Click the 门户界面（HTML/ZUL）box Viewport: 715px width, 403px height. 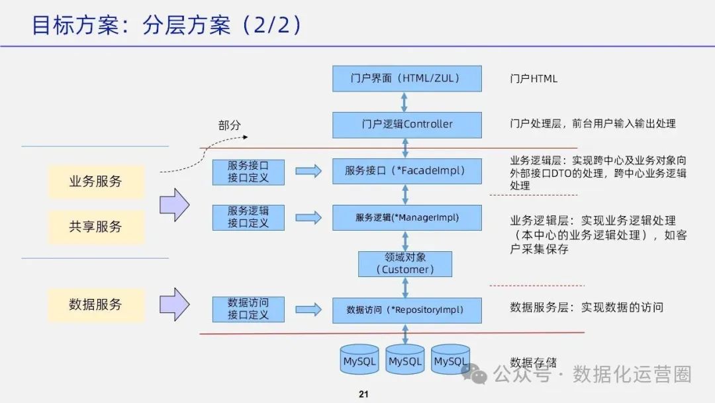tap(406, 78)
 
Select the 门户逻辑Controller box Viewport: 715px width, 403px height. tap(406, 124)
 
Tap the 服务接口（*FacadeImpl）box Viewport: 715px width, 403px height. tap(406, 171)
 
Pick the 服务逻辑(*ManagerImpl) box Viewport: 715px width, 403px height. tap(406, 217)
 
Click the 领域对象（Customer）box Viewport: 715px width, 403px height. tap(405, 264)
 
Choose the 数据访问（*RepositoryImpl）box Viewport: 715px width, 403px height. tap(406, 310)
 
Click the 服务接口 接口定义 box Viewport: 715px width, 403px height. tap(248, 172)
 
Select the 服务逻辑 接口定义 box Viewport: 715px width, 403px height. tap(248, 217)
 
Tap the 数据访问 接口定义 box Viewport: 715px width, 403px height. tap(248, 309)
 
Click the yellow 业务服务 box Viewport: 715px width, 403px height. tap(96, 181)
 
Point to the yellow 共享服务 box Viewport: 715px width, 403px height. tap(96, 226)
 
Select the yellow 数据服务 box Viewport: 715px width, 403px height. tap(96, 305)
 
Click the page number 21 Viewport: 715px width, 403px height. tap(363, 394)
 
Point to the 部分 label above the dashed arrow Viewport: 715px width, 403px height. tap(229, 125)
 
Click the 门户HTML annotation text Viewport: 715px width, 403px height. tap(534, 79)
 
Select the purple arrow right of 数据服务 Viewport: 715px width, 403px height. tap(175, 304)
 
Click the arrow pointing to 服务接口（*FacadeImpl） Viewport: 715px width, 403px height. tap(308, 172)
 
